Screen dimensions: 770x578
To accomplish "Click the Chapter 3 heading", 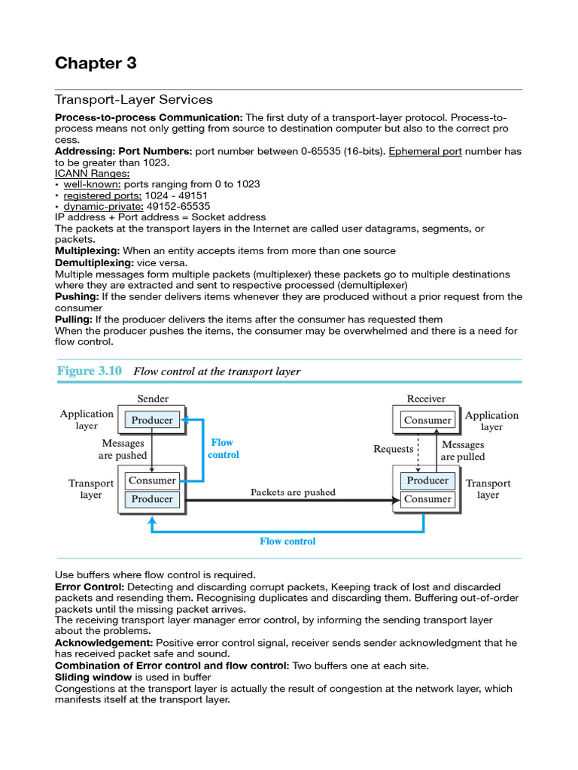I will click(96, 63).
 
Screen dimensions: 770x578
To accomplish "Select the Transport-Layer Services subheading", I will click(133, 99).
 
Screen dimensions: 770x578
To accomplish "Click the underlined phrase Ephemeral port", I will click(425, 151).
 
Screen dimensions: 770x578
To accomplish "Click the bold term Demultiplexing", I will click(94, 263).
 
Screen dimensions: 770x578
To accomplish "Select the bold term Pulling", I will click(74, 319).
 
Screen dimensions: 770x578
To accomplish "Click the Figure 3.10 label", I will click(89, 371).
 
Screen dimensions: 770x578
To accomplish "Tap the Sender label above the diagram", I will click(153, 399).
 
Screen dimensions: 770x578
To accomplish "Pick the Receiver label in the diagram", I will click(426, 399).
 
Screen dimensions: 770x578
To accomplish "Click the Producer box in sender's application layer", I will click(153, 420).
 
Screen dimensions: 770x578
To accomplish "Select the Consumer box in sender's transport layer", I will click(153, 480).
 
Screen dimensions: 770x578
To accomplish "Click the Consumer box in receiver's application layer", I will click(427, 420).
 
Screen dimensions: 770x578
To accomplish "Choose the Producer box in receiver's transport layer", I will click(427, 480).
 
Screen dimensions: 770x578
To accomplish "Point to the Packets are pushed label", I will click(293, 493).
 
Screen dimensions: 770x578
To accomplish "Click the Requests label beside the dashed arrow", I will click(394, 450).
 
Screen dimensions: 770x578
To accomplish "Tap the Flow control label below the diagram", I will click(287, 541).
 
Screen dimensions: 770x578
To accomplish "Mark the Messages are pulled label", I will click(463, 451).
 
